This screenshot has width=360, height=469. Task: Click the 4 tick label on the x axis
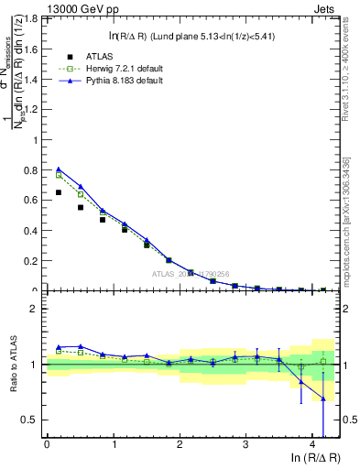point(312,444)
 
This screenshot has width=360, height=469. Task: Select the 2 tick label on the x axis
point(180,444)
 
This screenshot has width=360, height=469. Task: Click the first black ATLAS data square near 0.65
point(58,192)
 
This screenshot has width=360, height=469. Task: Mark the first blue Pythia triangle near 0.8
point(58,169)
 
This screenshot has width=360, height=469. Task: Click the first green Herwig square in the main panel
point(58,174)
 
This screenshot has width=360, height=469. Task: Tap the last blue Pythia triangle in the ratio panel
point(322,398)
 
